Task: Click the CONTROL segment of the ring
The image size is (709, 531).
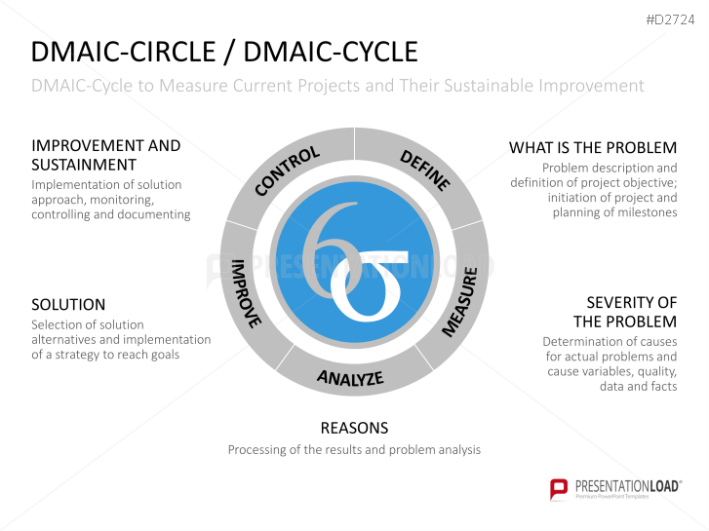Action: point(287,171)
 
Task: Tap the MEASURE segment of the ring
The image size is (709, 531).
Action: point(460,301)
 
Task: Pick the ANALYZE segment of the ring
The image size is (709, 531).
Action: point(350,378)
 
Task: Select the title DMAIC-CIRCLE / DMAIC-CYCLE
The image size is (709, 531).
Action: point(224,52)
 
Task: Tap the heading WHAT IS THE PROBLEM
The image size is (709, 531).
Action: point(593,148)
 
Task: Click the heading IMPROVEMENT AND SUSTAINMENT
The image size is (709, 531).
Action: point(105,155)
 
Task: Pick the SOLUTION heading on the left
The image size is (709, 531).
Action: point(68,305)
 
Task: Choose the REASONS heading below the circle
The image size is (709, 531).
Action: point(354,428)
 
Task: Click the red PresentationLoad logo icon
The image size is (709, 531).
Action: point(559,488)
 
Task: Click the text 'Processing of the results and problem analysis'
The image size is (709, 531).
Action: point(354,450)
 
